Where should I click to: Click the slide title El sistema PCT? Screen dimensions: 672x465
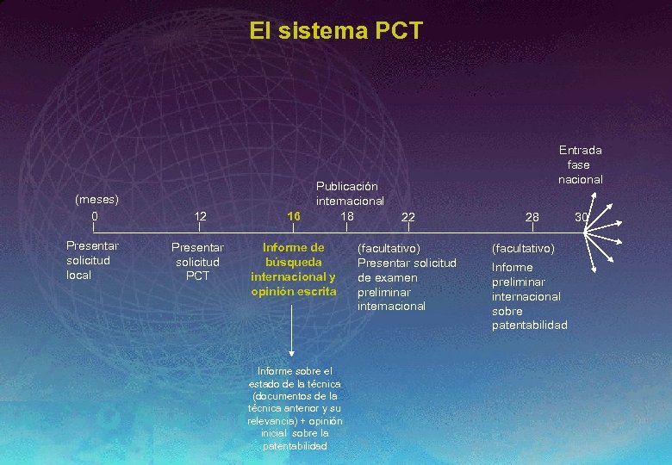336,32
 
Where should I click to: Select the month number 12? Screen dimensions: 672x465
200,216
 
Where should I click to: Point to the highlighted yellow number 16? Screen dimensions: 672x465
294,216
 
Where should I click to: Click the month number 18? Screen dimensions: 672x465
347,215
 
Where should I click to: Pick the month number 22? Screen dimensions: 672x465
408,217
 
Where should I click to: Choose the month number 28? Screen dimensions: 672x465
532,217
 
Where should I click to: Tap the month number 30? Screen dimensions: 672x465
582,217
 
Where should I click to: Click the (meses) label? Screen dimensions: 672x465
96,199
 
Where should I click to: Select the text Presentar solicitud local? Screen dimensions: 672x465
92,260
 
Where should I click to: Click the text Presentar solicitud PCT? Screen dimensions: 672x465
197,261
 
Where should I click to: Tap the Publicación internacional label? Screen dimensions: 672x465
350,193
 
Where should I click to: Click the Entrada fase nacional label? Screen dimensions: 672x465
580,164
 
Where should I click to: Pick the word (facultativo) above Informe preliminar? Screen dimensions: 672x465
523,248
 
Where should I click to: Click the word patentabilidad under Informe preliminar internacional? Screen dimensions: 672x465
530,325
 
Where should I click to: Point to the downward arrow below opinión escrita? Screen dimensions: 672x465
294,332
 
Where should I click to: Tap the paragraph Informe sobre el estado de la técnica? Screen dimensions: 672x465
295,408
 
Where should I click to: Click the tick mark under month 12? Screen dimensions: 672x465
200,229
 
